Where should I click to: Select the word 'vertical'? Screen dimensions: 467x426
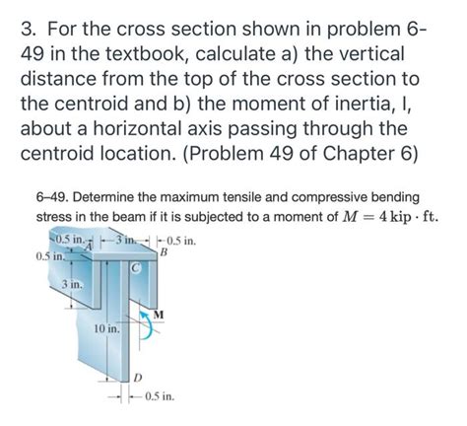coord(355,53)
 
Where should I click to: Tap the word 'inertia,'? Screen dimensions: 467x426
coord(362,104)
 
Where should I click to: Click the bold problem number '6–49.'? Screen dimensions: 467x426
coord(52,197)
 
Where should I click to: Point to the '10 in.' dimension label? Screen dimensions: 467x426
coord(107,328)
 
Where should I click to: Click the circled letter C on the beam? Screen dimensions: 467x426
coord(136,268)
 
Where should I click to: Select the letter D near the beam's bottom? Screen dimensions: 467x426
coord(138,378)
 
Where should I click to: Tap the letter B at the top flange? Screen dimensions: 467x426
coord(164,252)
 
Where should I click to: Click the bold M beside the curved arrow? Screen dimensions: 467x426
coord(159,315)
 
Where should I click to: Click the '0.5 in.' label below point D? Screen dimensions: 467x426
coord(160,396)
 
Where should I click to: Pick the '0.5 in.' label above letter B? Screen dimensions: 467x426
coord(181,242)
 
